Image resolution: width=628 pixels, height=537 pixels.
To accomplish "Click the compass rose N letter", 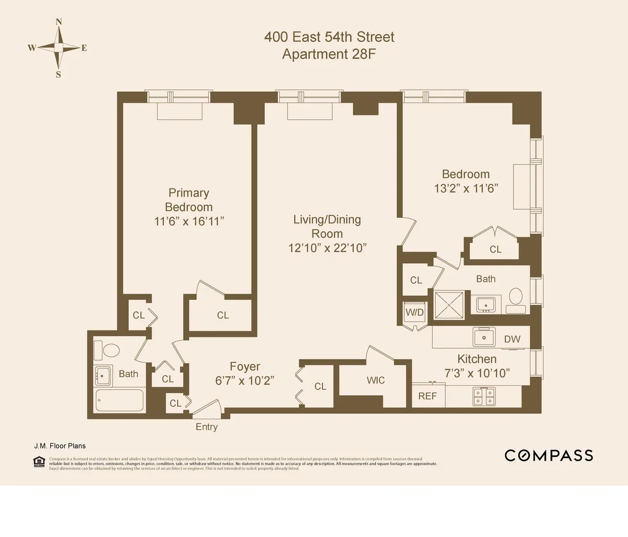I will click(59, 22).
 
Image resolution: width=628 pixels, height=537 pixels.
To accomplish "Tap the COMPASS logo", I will click(548, 455).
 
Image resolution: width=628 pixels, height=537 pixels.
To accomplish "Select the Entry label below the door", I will click(206, 427).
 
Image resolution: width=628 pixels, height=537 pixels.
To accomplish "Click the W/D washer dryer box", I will click(414, 312).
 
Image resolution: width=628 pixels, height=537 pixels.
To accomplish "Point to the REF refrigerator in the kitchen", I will click(428, 396).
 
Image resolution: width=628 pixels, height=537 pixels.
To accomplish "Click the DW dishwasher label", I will click(512, 339).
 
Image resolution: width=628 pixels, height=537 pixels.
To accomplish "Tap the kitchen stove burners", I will click(484, 396).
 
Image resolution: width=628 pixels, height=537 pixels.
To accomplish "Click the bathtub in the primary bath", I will click(119, 402).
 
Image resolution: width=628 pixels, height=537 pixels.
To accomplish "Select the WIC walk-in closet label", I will click(375, 381).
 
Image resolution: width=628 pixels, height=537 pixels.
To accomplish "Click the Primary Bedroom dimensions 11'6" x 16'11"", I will click(189, 221).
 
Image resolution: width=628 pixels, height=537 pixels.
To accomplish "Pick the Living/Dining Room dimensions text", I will click(327, 248).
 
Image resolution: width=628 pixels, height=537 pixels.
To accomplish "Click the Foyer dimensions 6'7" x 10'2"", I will click(245, 381).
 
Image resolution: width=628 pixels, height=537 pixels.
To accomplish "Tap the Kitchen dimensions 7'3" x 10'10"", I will click(477, 373).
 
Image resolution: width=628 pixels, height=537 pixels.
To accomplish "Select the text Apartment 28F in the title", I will click(329, 54).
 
